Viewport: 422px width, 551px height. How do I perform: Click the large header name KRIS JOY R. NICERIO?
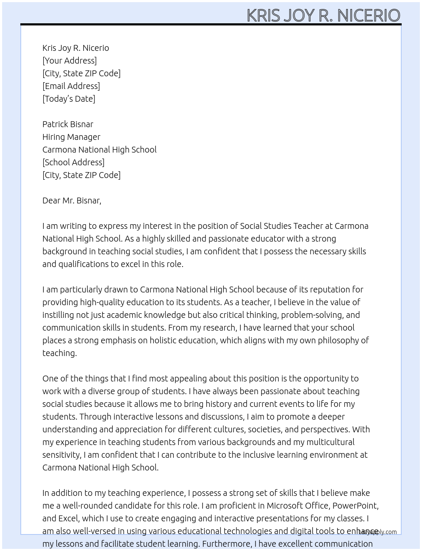(323, 15)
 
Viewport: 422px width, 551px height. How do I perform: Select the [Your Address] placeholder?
(69, 61)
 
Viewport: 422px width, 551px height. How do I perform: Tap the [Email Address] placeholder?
(71, 86)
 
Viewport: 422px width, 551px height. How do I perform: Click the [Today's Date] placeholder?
(69, 99)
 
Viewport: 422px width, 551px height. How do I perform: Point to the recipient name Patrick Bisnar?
(68, 124)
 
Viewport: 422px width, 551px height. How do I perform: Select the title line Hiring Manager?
(71, 137)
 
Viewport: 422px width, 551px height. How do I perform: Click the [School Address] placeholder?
(73, 162)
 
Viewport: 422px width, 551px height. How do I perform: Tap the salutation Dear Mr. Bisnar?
(72, 200)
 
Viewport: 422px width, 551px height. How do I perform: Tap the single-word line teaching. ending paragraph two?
(59, 353)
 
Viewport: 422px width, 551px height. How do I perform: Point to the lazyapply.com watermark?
(378, 532)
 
